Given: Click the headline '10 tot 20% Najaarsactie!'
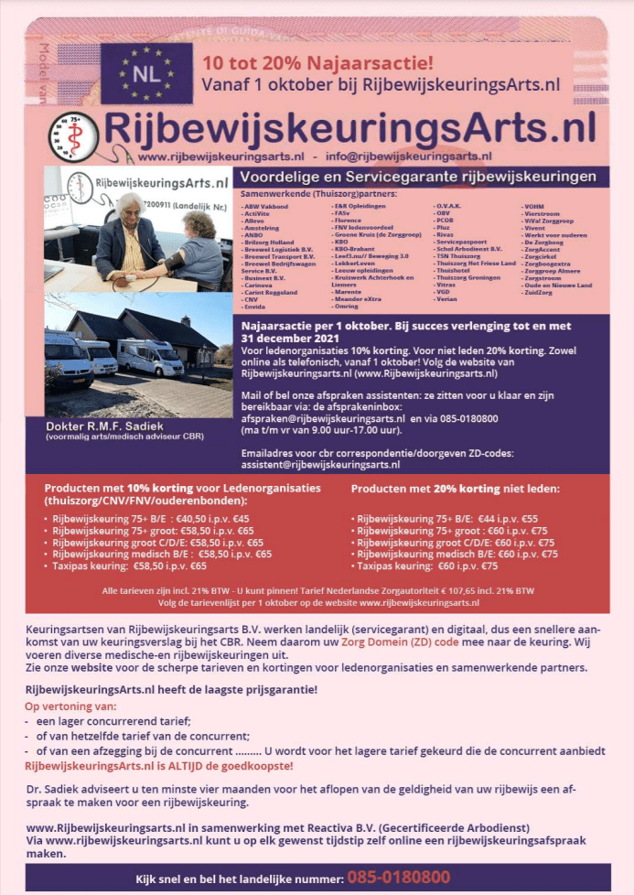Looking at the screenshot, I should coord(317,64).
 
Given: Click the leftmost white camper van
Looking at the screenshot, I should coord(68,357).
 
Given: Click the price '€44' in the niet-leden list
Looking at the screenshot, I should coord(487,518).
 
